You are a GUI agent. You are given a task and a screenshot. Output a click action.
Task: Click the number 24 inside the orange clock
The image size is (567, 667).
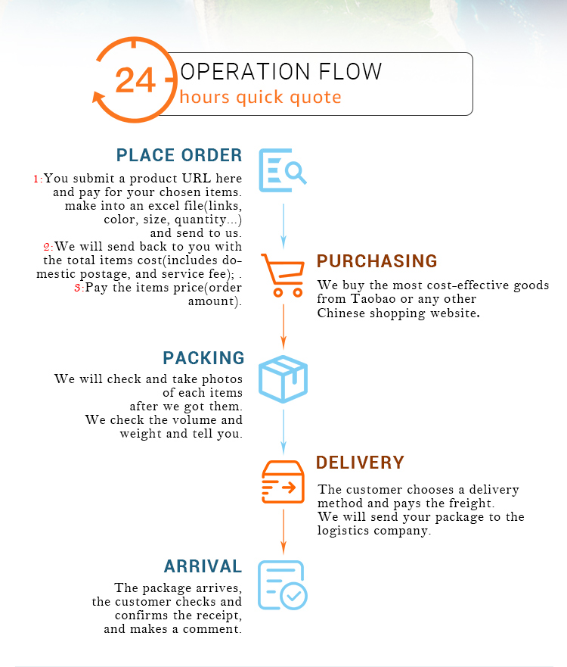tap(135, 79)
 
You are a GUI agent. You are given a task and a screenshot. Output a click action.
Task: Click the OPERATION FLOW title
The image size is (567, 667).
tap(281, 72)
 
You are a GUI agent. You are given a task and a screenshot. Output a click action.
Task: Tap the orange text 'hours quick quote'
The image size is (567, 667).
tap(260, 98)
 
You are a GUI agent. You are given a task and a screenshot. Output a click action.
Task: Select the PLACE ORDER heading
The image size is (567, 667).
tap(179, 156)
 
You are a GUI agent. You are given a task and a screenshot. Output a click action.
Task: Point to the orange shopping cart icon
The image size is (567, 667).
tap(283, 274)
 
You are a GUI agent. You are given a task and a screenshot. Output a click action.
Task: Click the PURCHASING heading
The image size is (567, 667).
tap(376, 262)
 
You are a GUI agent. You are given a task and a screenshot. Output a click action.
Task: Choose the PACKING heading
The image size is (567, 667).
tap(203, 358)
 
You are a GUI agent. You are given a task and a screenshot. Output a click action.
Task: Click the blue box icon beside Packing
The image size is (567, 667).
tap(283, 379)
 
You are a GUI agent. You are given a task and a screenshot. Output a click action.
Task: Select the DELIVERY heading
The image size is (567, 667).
tap(360, 463)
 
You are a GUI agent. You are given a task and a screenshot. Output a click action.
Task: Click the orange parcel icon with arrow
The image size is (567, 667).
tap(283, 482)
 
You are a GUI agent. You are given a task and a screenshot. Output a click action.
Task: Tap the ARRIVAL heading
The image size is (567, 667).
tap(203, 566)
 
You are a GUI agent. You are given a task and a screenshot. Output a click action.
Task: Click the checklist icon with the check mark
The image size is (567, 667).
tap(281, 584)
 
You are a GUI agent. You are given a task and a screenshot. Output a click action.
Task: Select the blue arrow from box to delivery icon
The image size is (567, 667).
tap(283, 431)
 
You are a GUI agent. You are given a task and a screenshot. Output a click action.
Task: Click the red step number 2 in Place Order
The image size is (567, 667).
tap(47, 247)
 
